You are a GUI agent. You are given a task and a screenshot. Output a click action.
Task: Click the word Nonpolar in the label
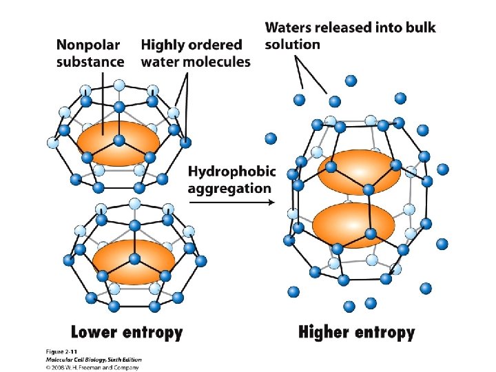(87, 45)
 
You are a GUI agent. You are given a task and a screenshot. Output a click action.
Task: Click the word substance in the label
(90, 61)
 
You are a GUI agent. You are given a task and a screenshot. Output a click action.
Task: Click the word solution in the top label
(293, 44)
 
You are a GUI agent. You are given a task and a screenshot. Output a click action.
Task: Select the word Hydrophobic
(231, 171)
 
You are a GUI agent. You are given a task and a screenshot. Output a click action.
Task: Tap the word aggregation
(229, 187)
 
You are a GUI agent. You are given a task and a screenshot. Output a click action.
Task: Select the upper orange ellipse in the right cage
(360, 172)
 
